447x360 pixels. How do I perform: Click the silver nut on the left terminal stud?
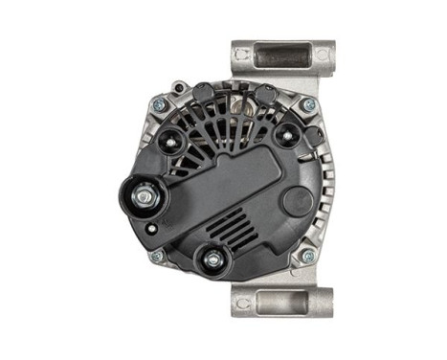143,197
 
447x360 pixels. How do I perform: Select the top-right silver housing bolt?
307,104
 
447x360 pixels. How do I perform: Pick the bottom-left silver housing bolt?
156,257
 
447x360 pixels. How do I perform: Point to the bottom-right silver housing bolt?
307,257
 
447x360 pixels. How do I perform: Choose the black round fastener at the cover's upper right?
284,135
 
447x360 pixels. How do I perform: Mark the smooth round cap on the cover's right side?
297,200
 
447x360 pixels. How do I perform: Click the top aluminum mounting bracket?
282,62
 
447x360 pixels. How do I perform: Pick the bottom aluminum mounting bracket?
282,302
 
